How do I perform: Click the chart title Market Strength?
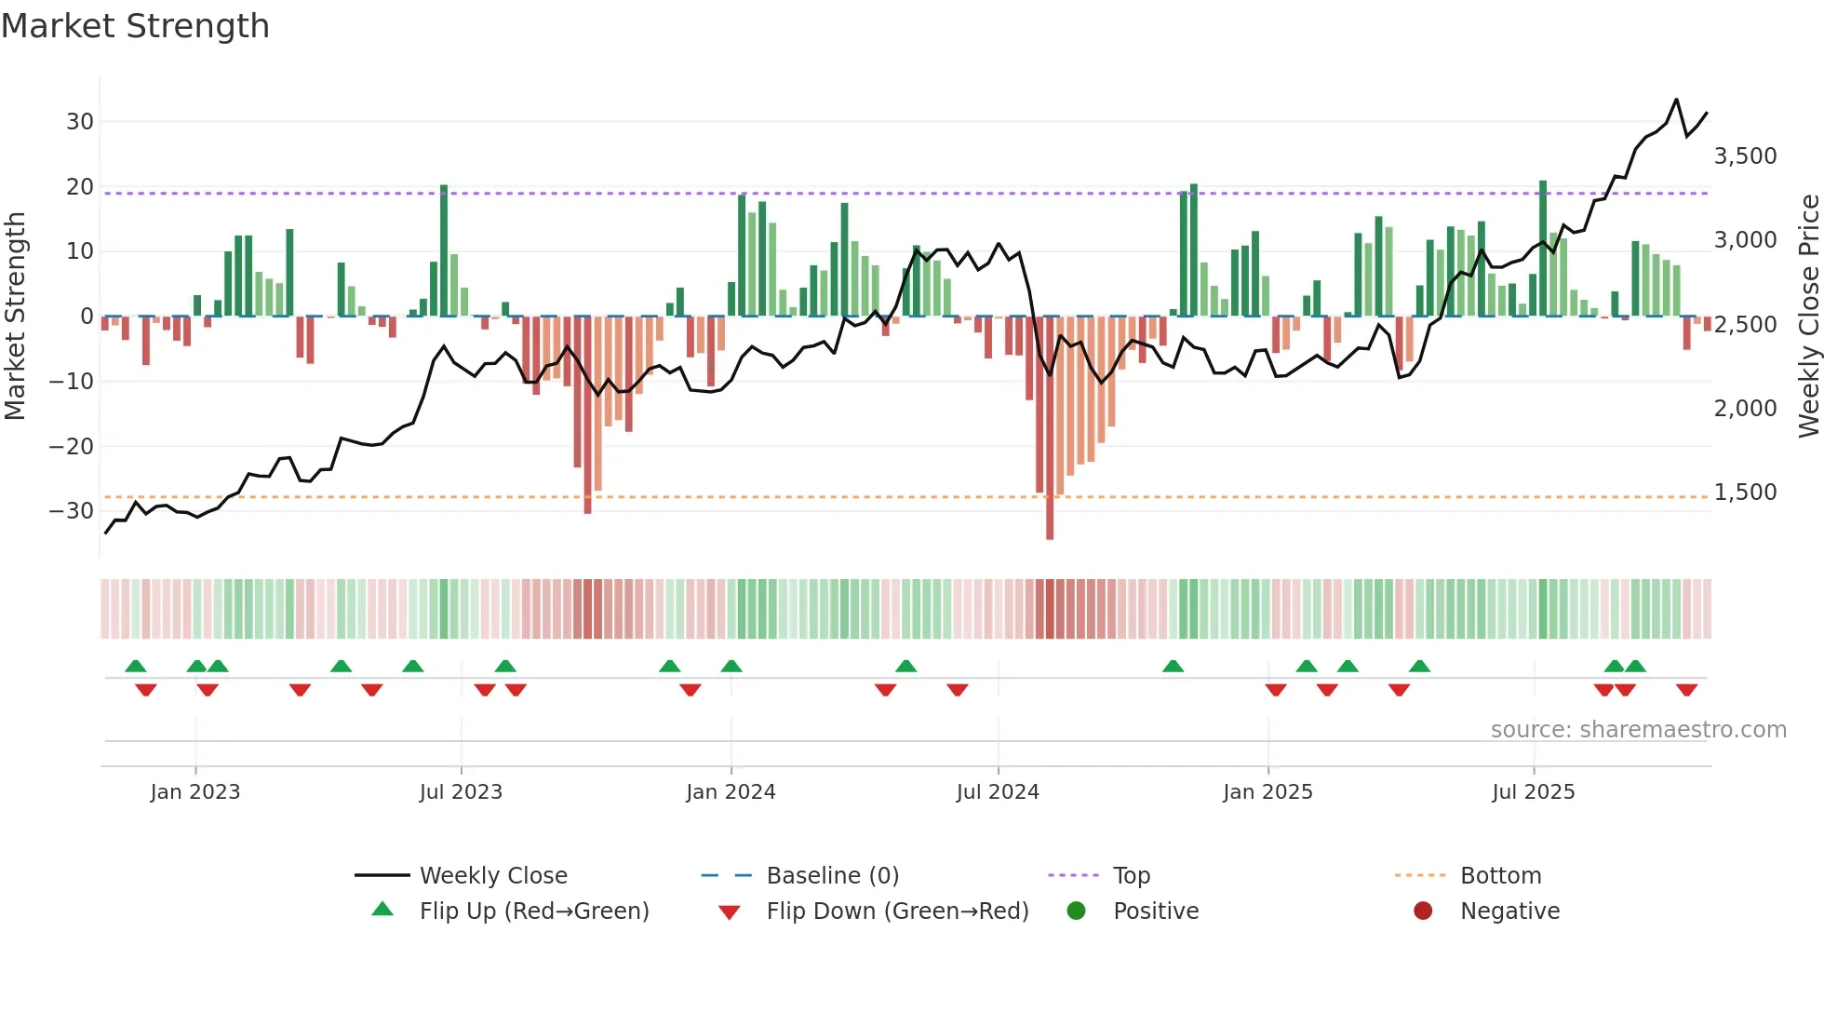(136, 26)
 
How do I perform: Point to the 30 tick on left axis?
(80, 122)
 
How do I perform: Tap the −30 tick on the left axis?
(72, 511)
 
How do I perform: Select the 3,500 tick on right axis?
(1745, 156)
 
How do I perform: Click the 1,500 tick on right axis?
(1745, 493)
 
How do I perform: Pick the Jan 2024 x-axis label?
(731, 792)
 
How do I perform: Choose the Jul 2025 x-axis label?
(1533, 792)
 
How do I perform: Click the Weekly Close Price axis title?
(1808, 317)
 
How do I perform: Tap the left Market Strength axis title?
(16, 317)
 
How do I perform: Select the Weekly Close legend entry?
(492, 876)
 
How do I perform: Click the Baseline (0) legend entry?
(832, 876)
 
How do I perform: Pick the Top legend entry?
(1132, 876)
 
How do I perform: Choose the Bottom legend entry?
(1500, 876)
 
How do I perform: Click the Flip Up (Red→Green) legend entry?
(533, 911)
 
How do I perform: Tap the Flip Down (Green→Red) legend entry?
(897, 911)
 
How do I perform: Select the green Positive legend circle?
(1077, 911)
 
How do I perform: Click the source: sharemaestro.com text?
(1638, 730)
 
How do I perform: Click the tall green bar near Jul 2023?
(444, 251)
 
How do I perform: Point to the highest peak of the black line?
(1676, 100)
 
